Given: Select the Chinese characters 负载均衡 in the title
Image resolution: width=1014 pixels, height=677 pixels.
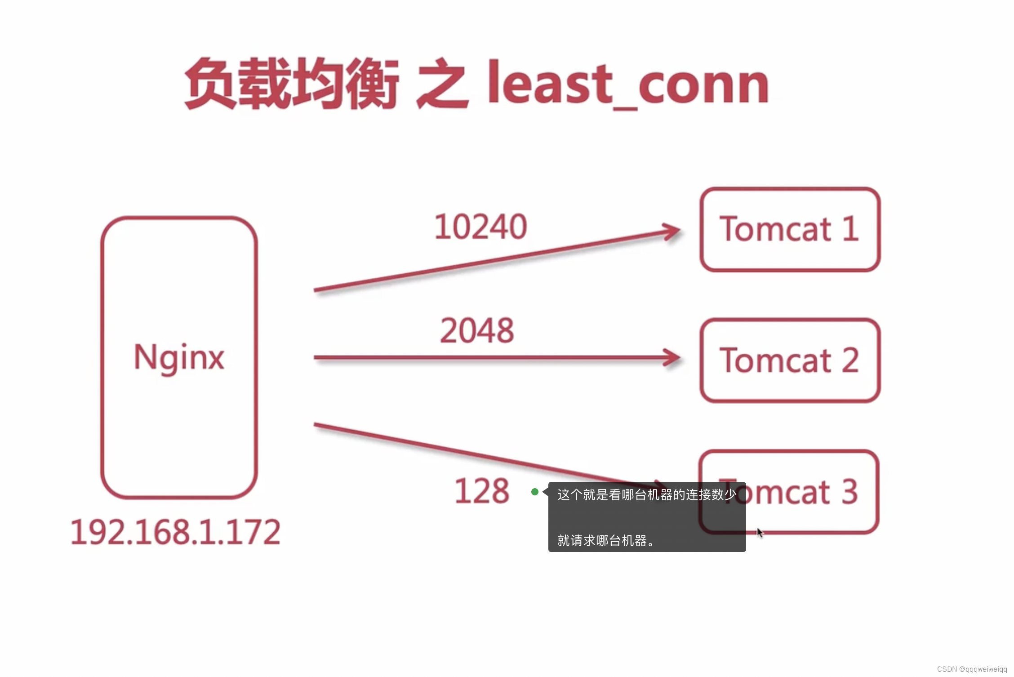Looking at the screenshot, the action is coord(292,84).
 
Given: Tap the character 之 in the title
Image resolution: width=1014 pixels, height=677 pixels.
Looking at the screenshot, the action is coord(443,84).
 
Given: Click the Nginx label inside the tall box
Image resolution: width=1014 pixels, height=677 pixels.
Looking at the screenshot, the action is coord(179,357).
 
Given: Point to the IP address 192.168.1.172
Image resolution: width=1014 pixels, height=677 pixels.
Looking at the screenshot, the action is coord(176,532).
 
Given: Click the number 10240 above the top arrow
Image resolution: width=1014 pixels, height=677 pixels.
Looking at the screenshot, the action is coord(480,227).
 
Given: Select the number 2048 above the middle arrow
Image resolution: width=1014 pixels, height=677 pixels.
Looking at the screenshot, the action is coord(477,330).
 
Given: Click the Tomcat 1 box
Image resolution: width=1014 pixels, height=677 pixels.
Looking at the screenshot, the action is coord(790,229).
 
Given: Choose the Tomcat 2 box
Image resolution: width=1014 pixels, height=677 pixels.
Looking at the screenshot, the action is coord(790,360).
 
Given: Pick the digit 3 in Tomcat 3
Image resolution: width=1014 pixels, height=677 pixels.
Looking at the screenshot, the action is coord(849,491).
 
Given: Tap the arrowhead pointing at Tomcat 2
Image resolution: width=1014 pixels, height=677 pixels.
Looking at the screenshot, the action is coord(672,358).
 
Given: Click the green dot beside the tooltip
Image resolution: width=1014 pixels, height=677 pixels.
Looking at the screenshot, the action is coord(535,492).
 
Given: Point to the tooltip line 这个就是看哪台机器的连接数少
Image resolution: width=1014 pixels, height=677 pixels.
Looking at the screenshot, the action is coord(647,494).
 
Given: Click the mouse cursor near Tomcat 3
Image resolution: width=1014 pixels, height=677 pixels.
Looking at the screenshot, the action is coord(760,533).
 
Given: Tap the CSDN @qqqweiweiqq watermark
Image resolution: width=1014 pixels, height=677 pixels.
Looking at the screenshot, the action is coord(972,669).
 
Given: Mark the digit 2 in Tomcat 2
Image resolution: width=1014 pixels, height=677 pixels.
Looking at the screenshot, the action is coord(850,360).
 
